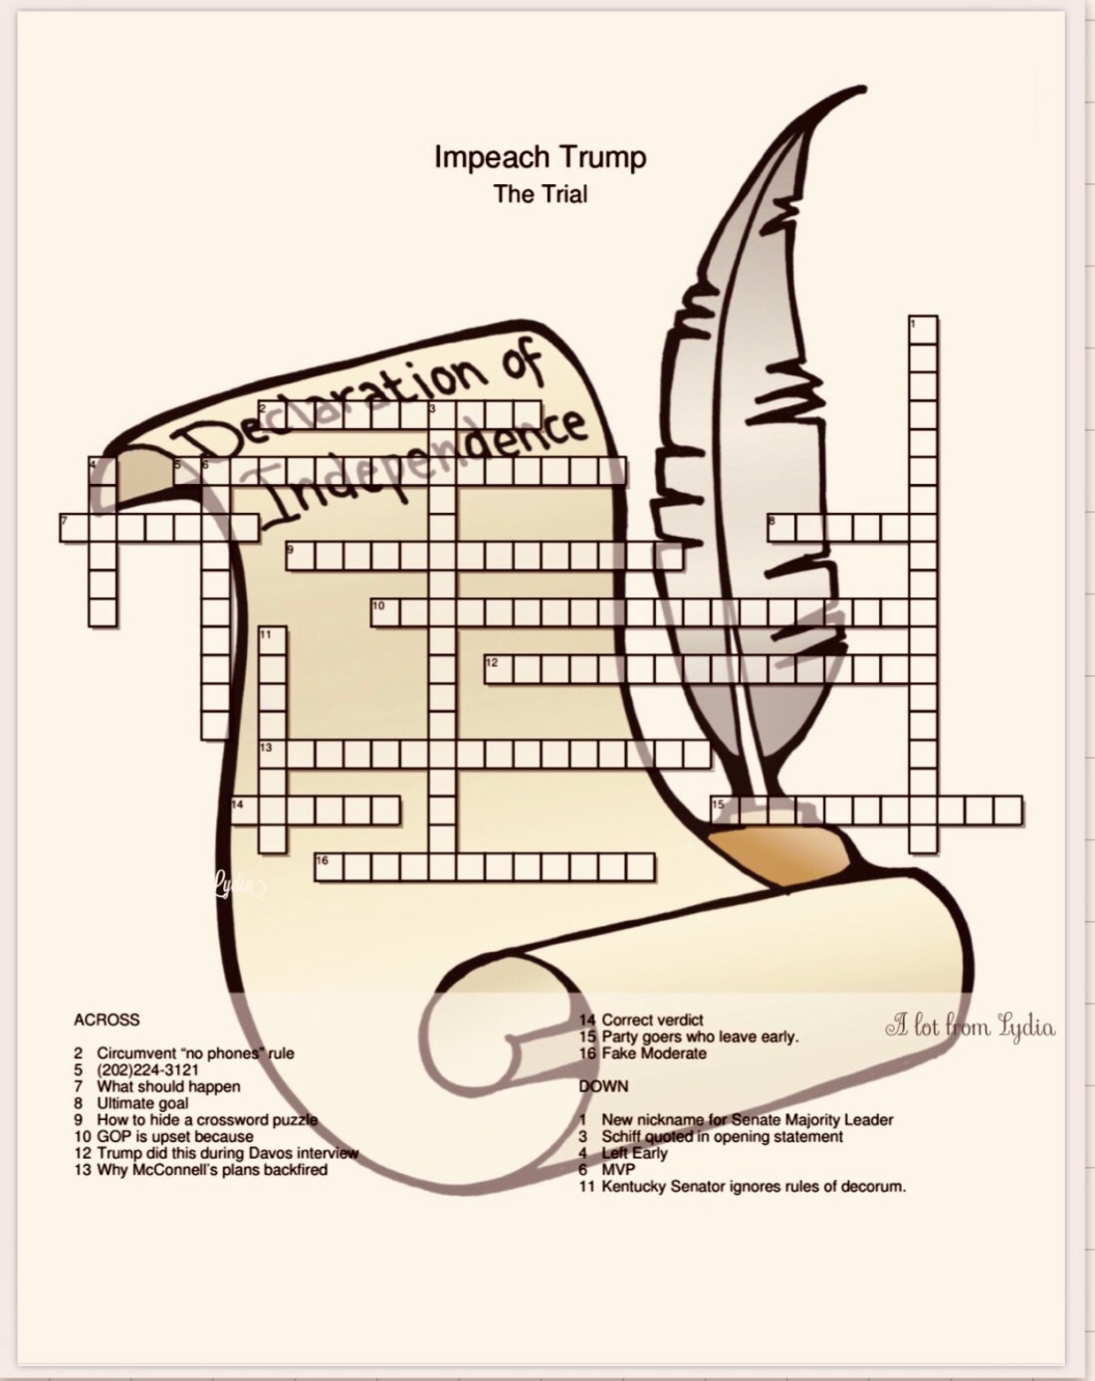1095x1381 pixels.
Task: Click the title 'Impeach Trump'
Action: (541, 158)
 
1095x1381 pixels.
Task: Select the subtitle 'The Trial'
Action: (541, 194)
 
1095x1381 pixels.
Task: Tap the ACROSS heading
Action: (107, 1020)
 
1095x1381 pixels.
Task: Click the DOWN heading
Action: (603, 1086)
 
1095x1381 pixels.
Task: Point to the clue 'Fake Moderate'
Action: (642, 1053)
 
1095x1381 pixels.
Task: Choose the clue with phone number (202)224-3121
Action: (136, 1069)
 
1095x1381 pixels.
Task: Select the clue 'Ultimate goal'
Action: (131, 1103)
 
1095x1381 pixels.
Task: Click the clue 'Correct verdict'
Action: (641, 1020)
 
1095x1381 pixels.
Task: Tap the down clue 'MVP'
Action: (606, 1170)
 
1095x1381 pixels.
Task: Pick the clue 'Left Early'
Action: (623, 1153)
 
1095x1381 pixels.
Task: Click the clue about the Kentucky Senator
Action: (743, 1187)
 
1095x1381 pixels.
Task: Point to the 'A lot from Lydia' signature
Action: (970, 1028)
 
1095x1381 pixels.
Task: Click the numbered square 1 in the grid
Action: (923, 330)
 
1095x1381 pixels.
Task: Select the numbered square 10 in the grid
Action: (385, 613)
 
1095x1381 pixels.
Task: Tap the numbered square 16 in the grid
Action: (328, 867)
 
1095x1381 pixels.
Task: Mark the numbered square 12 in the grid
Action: (498, 669)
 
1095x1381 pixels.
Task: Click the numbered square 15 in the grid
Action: (726, 810)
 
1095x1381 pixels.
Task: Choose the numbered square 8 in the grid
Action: (781, 528)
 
